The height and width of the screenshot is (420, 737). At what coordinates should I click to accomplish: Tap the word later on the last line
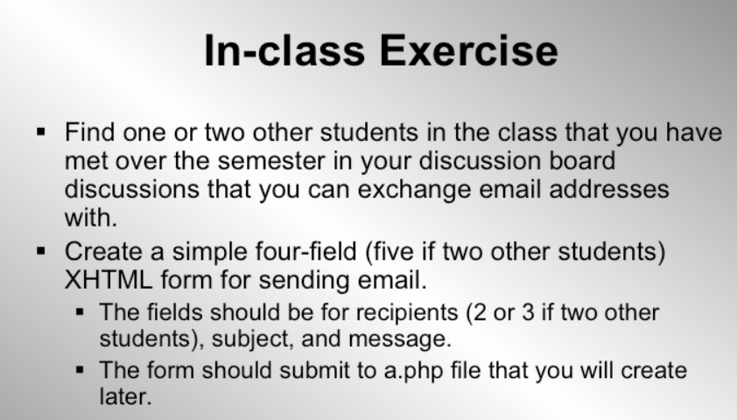click(x=121, y=395)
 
